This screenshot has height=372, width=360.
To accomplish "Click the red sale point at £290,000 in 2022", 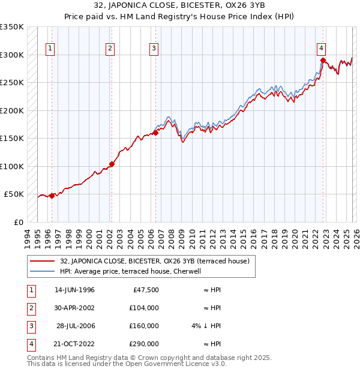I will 323,60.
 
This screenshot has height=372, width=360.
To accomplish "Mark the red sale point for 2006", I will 155,133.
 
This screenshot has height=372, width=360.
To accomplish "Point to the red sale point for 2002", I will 112,164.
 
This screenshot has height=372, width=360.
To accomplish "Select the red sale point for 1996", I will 52,196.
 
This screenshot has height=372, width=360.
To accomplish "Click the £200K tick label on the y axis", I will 12,110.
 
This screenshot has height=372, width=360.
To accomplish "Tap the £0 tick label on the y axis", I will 18,222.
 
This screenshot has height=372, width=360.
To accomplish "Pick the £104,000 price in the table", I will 144,308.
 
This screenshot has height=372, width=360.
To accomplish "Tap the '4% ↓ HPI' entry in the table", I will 206,326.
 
